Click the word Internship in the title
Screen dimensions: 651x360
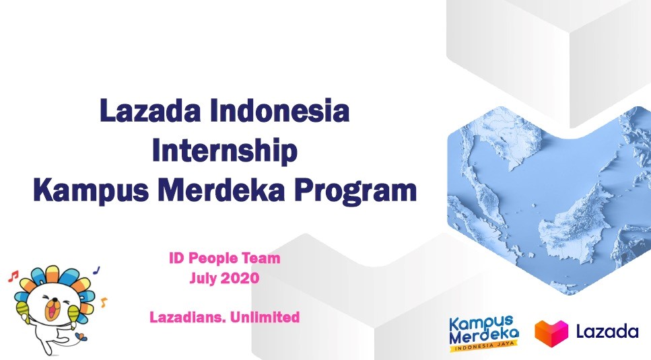click(x=225, y=151)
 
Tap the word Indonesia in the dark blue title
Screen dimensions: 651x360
click(x=280, y=111)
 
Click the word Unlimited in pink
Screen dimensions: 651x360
click(x=265, y=318)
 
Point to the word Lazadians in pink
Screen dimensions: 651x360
click(x=188, y=318)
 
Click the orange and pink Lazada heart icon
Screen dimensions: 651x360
click(x=551, y=332)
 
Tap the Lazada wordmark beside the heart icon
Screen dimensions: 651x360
click(x=607, y=331)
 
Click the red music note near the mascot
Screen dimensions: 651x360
click(x=13, y=276)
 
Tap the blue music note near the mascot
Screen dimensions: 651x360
click(x=97, y=270)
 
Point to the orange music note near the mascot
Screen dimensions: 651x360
click(x=104, y=302)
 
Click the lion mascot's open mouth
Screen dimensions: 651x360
click(x=51, y=310)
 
